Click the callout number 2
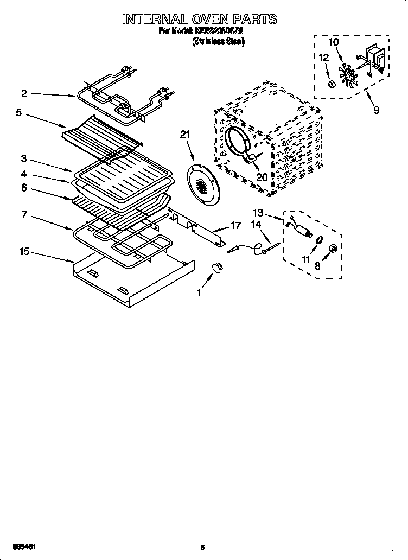24,93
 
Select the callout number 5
18,113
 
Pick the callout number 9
376,110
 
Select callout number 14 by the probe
256,224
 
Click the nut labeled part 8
334,249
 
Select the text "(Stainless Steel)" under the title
219,41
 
